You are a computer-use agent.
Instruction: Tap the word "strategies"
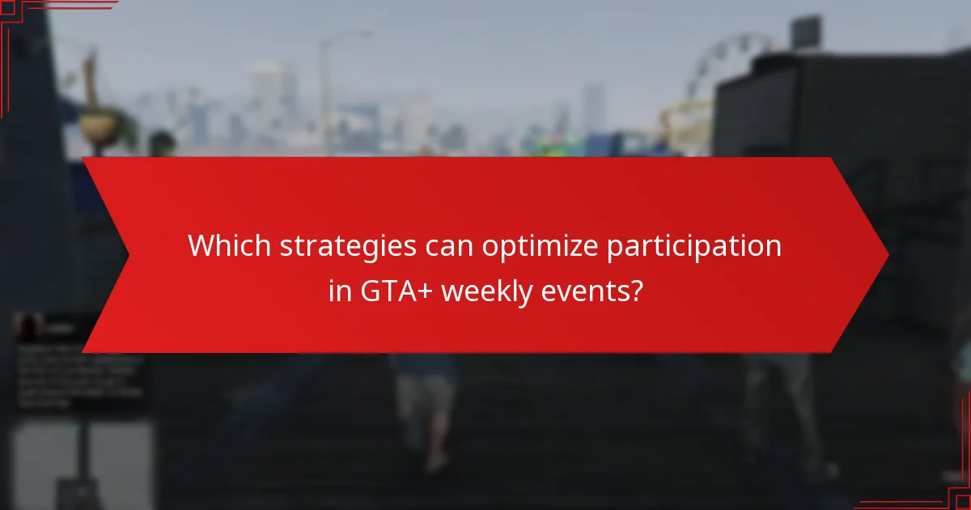(349, 246)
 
